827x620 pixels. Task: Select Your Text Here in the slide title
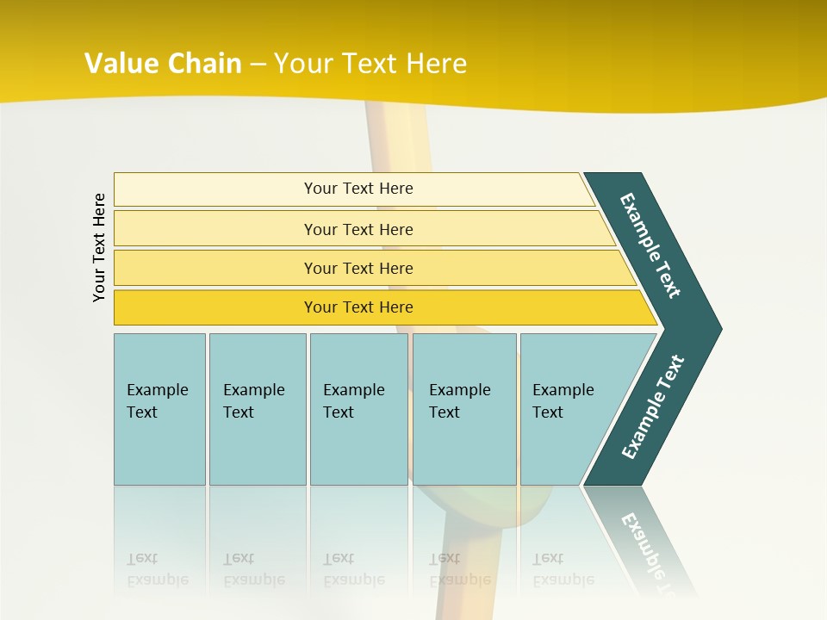pos(370,63)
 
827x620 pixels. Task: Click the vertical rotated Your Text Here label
pos(99,247)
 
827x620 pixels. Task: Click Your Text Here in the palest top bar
pos(358,189)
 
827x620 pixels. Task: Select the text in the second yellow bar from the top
pos(358,229)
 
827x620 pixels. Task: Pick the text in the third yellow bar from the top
pos(358,268)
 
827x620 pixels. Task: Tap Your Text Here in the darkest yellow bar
pos(358,307)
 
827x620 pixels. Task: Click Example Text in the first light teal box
pos(157,401)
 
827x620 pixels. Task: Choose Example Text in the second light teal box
pos(253,401)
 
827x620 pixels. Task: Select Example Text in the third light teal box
pos(353,401)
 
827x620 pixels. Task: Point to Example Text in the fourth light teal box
pos(459,401)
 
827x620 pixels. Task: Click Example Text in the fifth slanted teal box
pos(563,401)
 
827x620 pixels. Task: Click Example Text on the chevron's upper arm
pos(650,245)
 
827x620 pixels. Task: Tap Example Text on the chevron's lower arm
pos(653,407)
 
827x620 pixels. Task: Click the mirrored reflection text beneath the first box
pos(157,569)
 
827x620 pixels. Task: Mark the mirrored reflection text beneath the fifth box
pos(563,569)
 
